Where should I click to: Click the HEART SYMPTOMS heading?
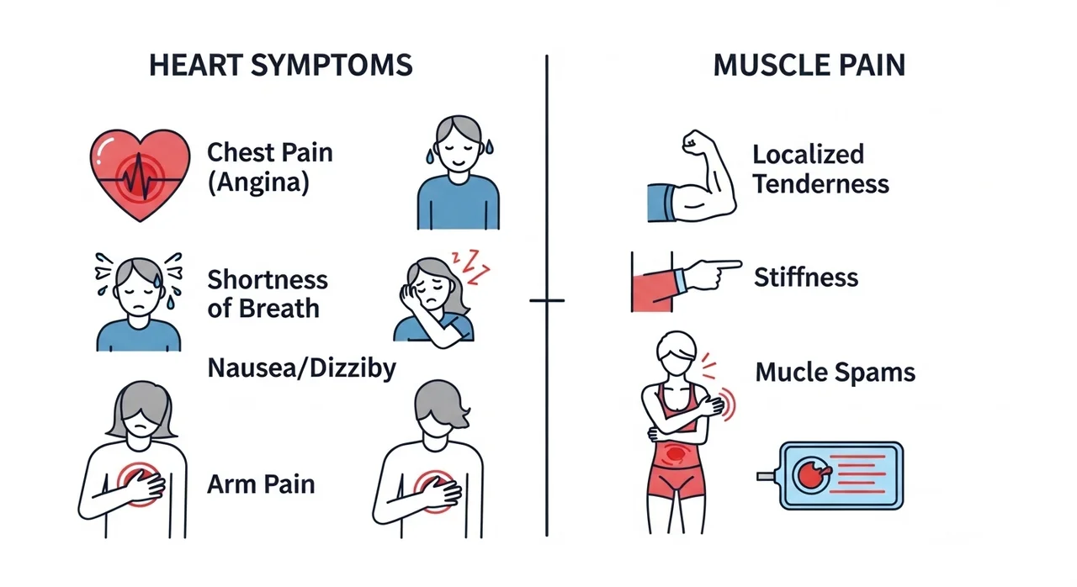[x=281, y=66]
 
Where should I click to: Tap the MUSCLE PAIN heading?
[x=809, y=66]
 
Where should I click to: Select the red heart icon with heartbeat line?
[x=140, y=175]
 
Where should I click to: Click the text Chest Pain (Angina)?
[x=270, y=167]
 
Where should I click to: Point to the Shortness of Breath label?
[x=268, y=294]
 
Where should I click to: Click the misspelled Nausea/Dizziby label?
[x=301, y=369]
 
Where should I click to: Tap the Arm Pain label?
[x=261, y=484]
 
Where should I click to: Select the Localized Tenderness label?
[x=820, y=169]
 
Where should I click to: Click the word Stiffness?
[x=806, y=278]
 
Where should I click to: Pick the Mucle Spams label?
[x=836, y=373]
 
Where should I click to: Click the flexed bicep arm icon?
[x=692, y=176]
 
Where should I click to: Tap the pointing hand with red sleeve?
[x=686, y=282]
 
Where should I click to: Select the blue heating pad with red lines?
[x=830, y=475]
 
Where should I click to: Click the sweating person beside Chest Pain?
[x=459, y=172]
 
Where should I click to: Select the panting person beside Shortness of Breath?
[x=139, y=303]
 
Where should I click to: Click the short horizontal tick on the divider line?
[x=547, y=301]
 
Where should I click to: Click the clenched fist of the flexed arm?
[x=694, y=140]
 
